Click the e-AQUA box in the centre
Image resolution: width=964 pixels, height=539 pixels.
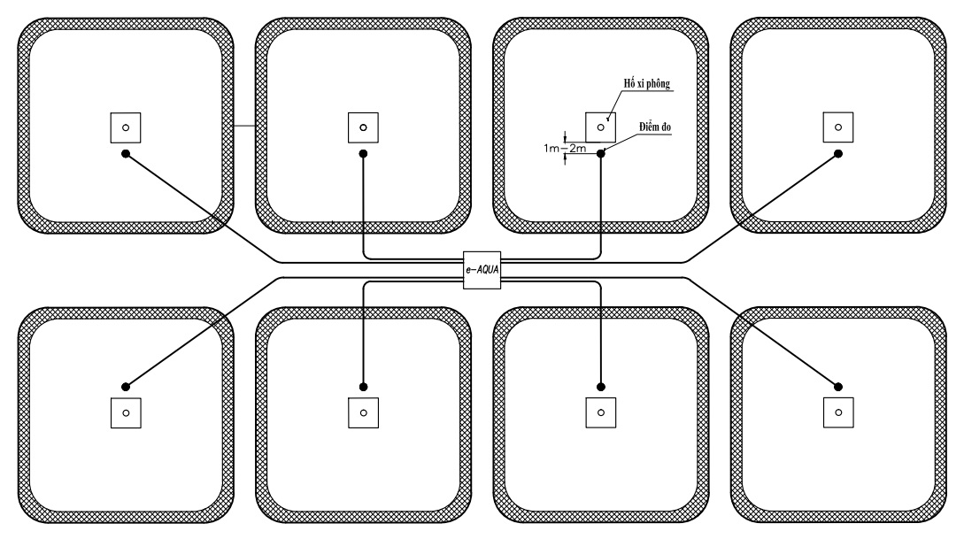482,270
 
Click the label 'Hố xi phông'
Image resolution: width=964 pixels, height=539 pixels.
647,83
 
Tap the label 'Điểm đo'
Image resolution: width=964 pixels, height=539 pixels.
655,127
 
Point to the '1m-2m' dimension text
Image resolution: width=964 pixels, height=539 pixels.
565,148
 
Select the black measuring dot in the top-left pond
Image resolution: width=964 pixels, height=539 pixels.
126,154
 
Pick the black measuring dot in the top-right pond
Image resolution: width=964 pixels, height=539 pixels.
838,154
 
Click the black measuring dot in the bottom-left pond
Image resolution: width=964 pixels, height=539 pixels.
126,387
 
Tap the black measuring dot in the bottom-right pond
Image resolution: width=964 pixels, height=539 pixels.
838,387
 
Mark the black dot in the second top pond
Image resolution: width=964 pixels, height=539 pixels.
363,154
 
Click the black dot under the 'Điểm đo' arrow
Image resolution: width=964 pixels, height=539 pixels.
601,154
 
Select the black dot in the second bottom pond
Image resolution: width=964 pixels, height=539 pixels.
363,387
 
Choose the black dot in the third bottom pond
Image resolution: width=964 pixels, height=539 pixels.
601,387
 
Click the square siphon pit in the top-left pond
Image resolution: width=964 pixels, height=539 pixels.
126,127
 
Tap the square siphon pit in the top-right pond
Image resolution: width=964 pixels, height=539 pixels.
838,127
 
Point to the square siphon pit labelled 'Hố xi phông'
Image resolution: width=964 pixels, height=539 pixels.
601,127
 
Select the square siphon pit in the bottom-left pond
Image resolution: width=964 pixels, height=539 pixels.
126,412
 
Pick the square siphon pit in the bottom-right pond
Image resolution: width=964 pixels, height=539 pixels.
838,412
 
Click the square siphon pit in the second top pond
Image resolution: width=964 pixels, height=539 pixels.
363,127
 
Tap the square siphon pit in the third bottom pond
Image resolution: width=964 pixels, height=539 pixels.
601,412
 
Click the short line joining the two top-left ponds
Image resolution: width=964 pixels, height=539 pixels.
244,126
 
